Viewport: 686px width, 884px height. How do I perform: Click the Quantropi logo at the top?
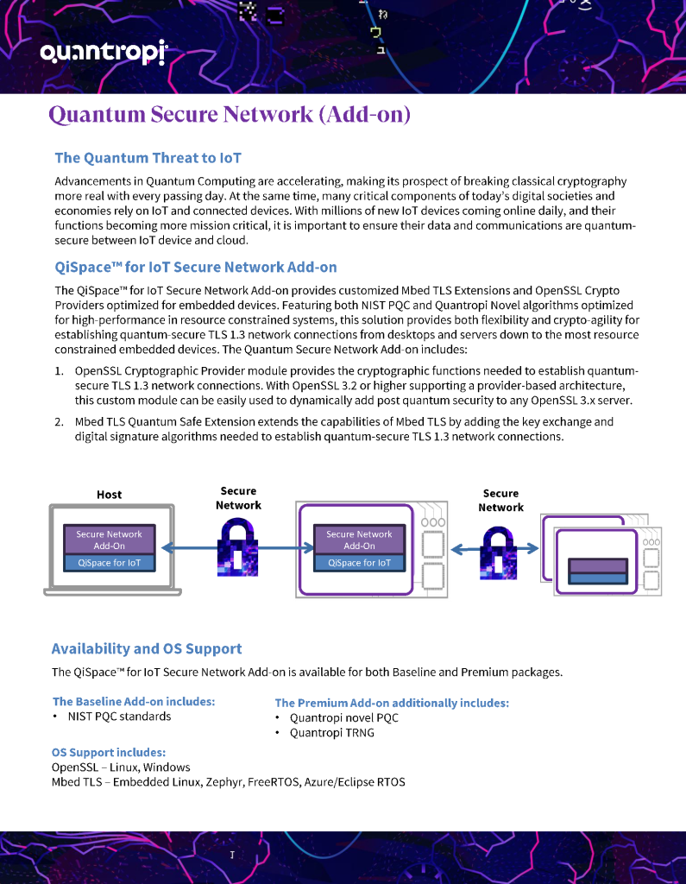(103, 54)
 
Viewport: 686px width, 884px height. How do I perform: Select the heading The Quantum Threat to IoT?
(148, 158)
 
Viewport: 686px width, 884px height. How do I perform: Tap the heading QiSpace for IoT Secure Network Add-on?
(195, 268)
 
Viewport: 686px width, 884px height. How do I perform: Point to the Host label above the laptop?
(109, 495)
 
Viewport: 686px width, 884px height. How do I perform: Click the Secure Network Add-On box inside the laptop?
(109, 540)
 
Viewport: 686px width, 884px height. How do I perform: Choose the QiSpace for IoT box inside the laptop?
(109, 563)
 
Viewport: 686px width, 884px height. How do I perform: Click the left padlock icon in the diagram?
(237, 549)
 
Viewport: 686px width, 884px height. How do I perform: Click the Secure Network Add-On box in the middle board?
(359, 540)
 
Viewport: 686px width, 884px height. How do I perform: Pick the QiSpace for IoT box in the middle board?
(359, 563)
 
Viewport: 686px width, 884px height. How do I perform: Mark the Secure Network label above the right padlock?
(500, 501)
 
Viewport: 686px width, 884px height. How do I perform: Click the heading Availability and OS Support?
(147, 649)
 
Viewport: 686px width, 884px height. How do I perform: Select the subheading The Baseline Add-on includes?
(134, 702)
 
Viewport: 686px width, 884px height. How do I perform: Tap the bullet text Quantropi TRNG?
(331, 733)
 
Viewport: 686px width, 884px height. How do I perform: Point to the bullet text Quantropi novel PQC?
(343, 717)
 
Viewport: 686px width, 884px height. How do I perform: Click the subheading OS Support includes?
(109, 753)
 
